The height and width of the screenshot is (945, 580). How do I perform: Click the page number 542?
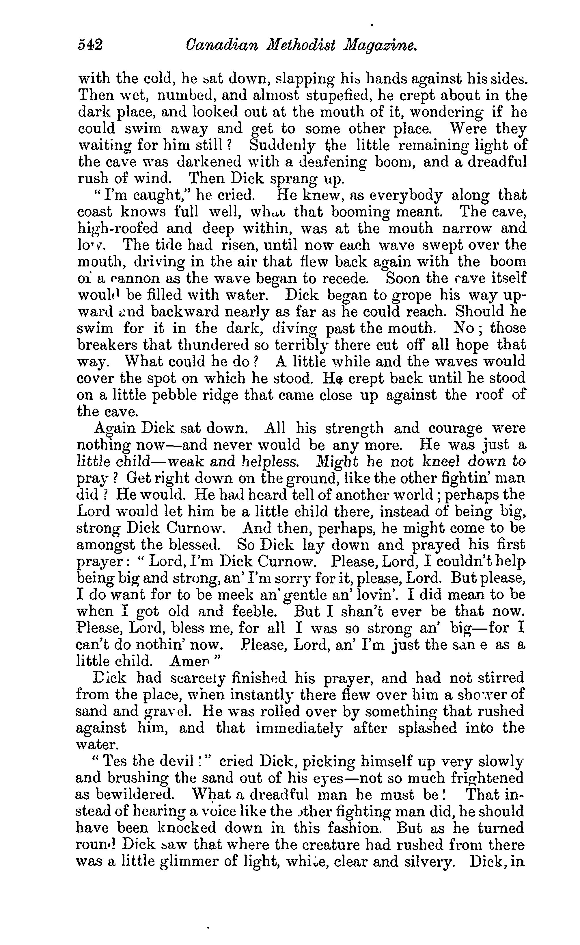(x=91, y=46)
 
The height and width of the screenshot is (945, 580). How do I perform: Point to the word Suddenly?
(x=282, y=146)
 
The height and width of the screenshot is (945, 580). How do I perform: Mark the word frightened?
(x=487, y=778)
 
